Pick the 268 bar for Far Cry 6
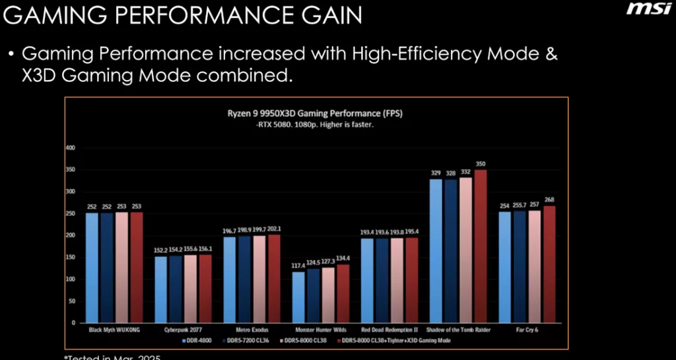click(549, 264)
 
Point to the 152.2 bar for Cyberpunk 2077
click(160, 290)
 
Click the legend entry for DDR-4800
click(196, 341)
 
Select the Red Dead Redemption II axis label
click(389, 330)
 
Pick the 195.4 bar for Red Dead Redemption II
click(412, 281)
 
